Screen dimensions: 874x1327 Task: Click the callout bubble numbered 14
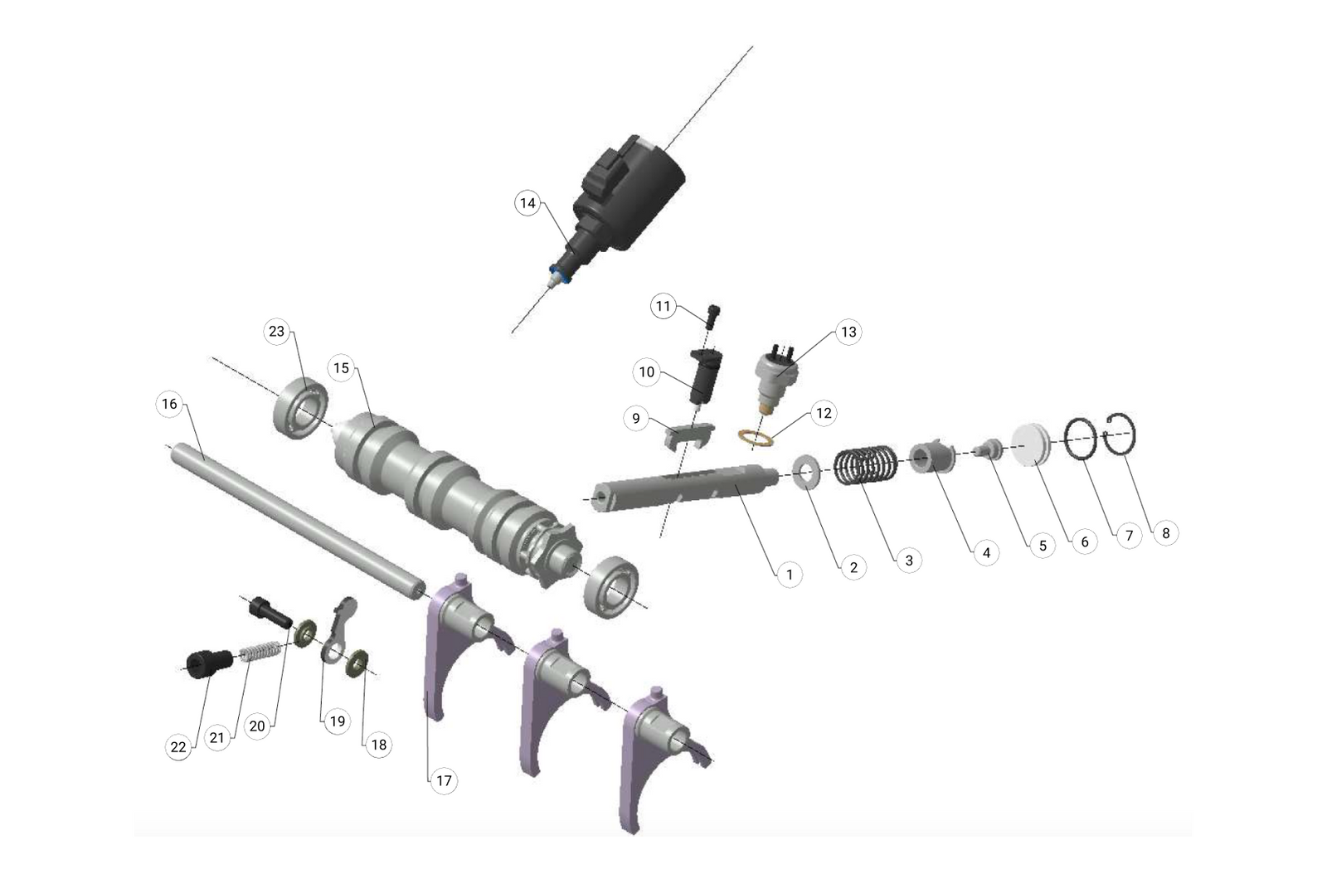pyautogui.click(x=528, y=203)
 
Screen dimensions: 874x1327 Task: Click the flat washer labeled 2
pyautogui.click(x=806, y=472)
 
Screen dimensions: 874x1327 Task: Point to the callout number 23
pyautogui.click(x=276, y=332)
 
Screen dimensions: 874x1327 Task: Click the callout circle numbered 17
pyautogui.click(x=444, y=780)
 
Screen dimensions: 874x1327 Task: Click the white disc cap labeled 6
pyautogui.click(x=1030, y=444)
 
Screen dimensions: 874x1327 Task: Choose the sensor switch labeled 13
pyautogui.click(x=776, y=376)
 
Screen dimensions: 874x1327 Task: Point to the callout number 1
pyautogui.click(x=789, y=574)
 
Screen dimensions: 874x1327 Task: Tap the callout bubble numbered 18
pyautogui.click(x=378, y=745)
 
